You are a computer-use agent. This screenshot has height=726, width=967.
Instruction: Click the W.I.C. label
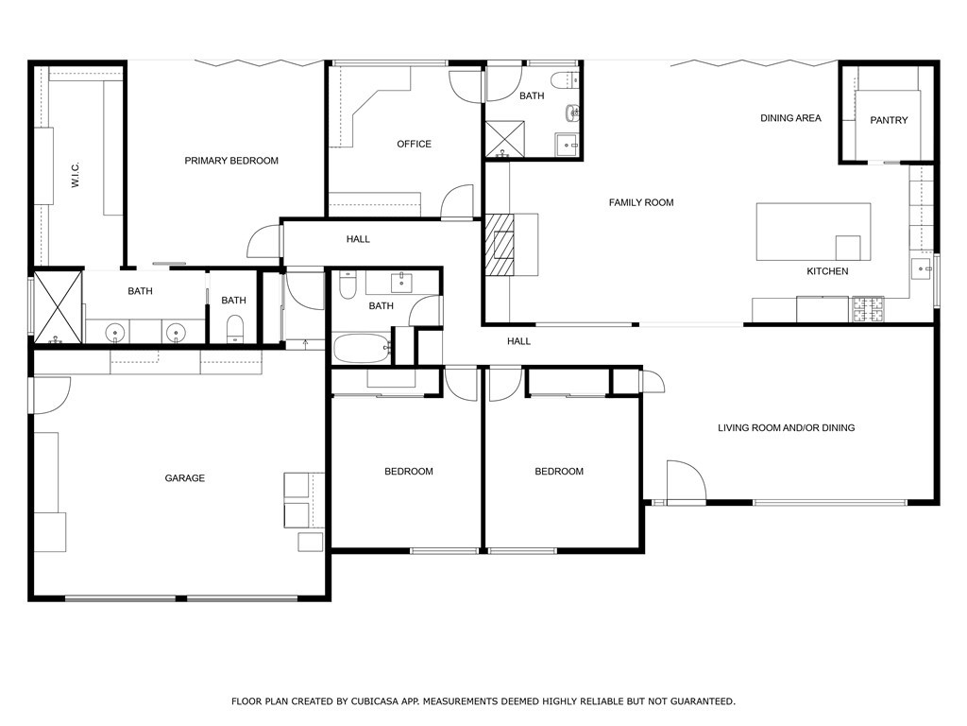pyautogui.click(x=76, y=175)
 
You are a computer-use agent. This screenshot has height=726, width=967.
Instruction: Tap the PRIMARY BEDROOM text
pyautogui.click(x=231, y=161)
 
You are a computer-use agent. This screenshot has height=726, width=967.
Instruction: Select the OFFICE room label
pyautogui.click(x=414, y=144)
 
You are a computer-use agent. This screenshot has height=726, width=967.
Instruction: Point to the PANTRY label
pyautogui.click(x=889, y=120)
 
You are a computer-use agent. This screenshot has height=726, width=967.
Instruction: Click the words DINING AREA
pyautogui.click(x=790, y=118)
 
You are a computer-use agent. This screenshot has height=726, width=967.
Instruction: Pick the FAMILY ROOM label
pyautogui.click(x=641, y=202)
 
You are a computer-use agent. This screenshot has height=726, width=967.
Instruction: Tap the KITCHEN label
pyautogui.click(x=826, y=271)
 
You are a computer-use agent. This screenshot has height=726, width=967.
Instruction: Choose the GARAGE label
pyautogui.click(x=185, y=478)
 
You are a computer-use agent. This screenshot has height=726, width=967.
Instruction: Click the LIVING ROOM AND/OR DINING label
pyautogui.click(x=786, y=428)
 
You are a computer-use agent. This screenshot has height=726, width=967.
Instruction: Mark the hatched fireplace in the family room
pyautogui.click(x=501, y=244)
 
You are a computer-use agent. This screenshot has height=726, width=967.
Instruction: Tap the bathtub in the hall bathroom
pyautogui.click(x=361, y=347)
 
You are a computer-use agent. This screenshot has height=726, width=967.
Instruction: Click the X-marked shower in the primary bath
pyautogui.click(x=58, y=306)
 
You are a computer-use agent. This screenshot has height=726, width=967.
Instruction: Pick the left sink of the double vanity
pyautogui.click(x=113, y=332)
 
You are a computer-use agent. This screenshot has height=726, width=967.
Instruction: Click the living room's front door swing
pyautogui.click(x=685, y=480)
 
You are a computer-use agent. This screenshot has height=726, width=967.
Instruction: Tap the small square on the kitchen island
pyautogui.click(x=848, y=248)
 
